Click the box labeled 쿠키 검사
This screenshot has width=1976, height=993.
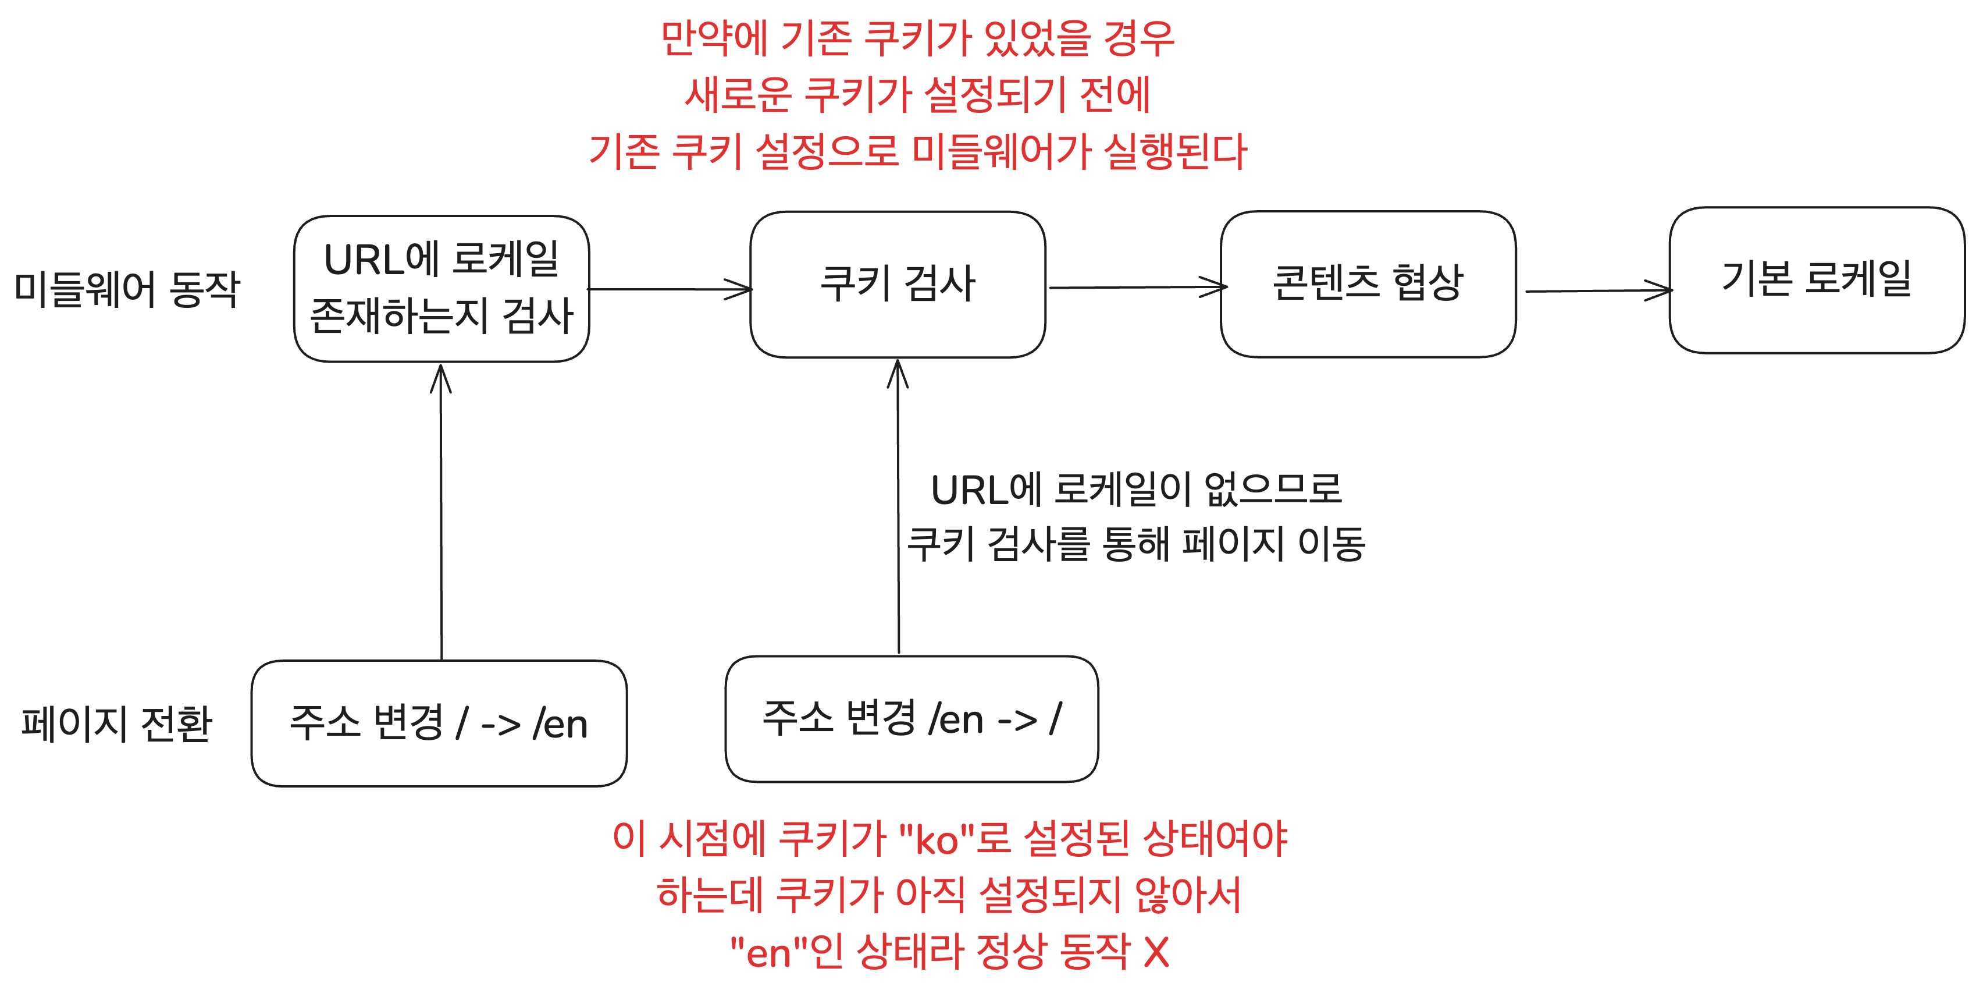click(x=898, y=284)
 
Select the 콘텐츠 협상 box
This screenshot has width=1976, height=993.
click(x=1368, y=284)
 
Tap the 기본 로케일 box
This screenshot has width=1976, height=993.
click(x=1817, y=279)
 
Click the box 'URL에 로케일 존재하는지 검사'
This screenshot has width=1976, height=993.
click(x=441, y=289)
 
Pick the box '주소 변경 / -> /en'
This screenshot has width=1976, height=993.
click(x=439, y=723)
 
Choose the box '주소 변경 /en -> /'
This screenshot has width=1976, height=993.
click(x=912, y=718)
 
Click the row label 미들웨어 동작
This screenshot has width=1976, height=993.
click(x=127, y=289)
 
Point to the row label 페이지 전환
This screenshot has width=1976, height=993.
click(x=116, y=724)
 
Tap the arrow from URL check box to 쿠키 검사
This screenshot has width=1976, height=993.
click(x=669, y=289)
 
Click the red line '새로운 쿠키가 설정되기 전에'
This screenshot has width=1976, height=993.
click(x=917, y=94)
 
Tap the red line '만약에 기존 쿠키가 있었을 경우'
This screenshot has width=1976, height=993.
click(x=917, y=38)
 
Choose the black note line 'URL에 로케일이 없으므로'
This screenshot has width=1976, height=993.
click(x=1136, y=490)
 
